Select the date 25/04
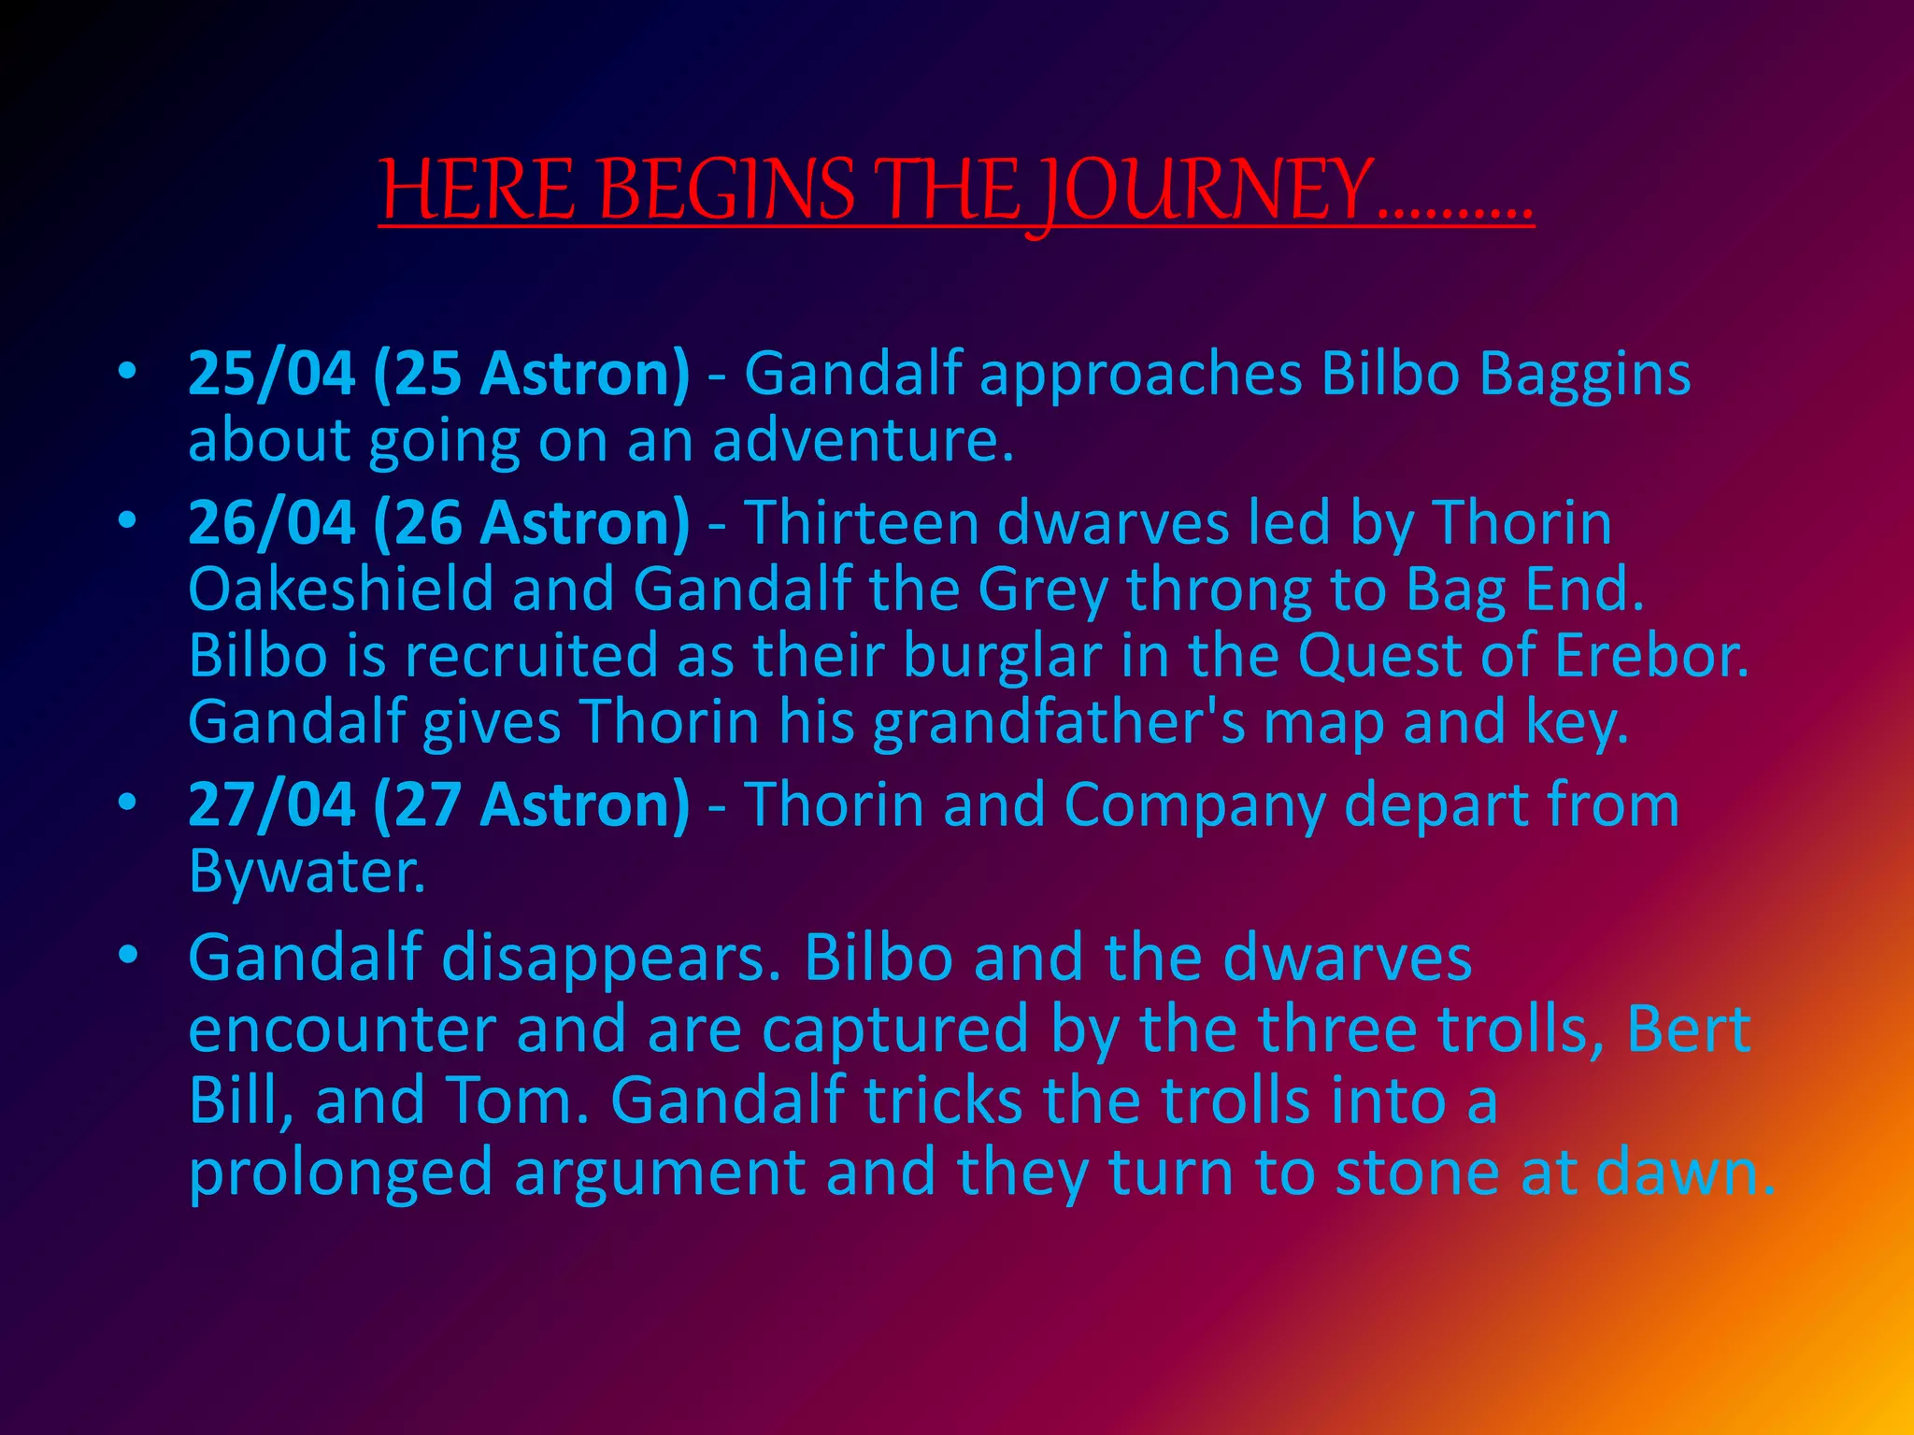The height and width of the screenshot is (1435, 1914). click(271, 374)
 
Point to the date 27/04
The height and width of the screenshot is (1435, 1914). click(271, 804)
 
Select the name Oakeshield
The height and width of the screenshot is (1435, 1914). click(340, 590)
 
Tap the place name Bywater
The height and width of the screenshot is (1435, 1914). click(307, 873)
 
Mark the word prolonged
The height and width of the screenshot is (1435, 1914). click(340, 1173)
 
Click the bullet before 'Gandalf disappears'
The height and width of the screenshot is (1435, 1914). click(128, 955)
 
